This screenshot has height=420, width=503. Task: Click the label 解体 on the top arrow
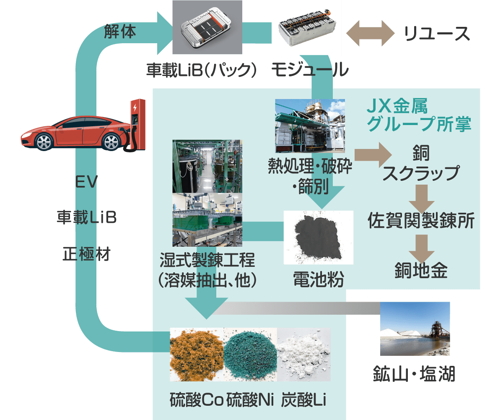coord(120,31)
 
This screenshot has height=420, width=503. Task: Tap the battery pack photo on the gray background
coord(207,27)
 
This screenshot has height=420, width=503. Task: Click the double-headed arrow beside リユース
coord(370,33)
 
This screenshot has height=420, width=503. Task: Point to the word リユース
coord(436,34)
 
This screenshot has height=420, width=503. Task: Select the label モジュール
coord(310,70)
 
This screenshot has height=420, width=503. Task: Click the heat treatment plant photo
coord(310,125)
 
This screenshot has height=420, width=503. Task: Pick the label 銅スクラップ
coord(421,163)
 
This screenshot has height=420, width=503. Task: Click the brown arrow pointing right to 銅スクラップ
coord(373,155)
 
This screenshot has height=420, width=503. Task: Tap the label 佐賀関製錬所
coord(421,220)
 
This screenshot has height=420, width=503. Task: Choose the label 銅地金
coord(421,270)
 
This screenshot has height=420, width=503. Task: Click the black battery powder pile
coord(318,238)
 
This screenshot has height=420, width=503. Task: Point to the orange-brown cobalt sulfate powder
coord(197,355)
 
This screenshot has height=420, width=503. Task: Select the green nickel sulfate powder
coord(251,355)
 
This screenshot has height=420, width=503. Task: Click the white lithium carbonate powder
coord(304,355)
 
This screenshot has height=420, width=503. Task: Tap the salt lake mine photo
coord(415,329)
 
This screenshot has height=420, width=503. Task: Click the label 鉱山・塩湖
coord(414,374)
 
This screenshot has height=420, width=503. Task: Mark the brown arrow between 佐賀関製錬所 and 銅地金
coord(422,248)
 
